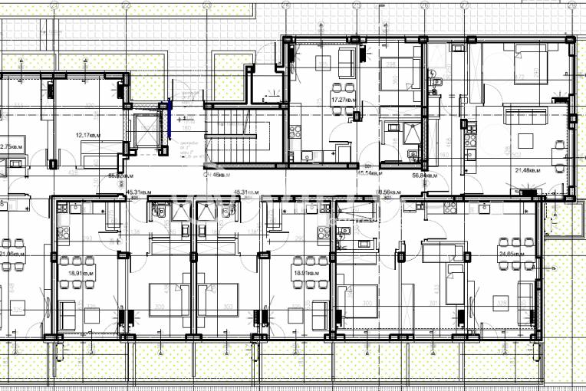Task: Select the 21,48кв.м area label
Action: (528, 170)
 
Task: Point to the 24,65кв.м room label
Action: (512, 253)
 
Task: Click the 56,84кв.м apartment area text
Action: (424, 175)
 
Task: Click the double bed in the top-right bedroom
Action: (530, 61)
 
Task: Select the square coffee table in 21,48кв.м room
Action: (526, 141)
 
